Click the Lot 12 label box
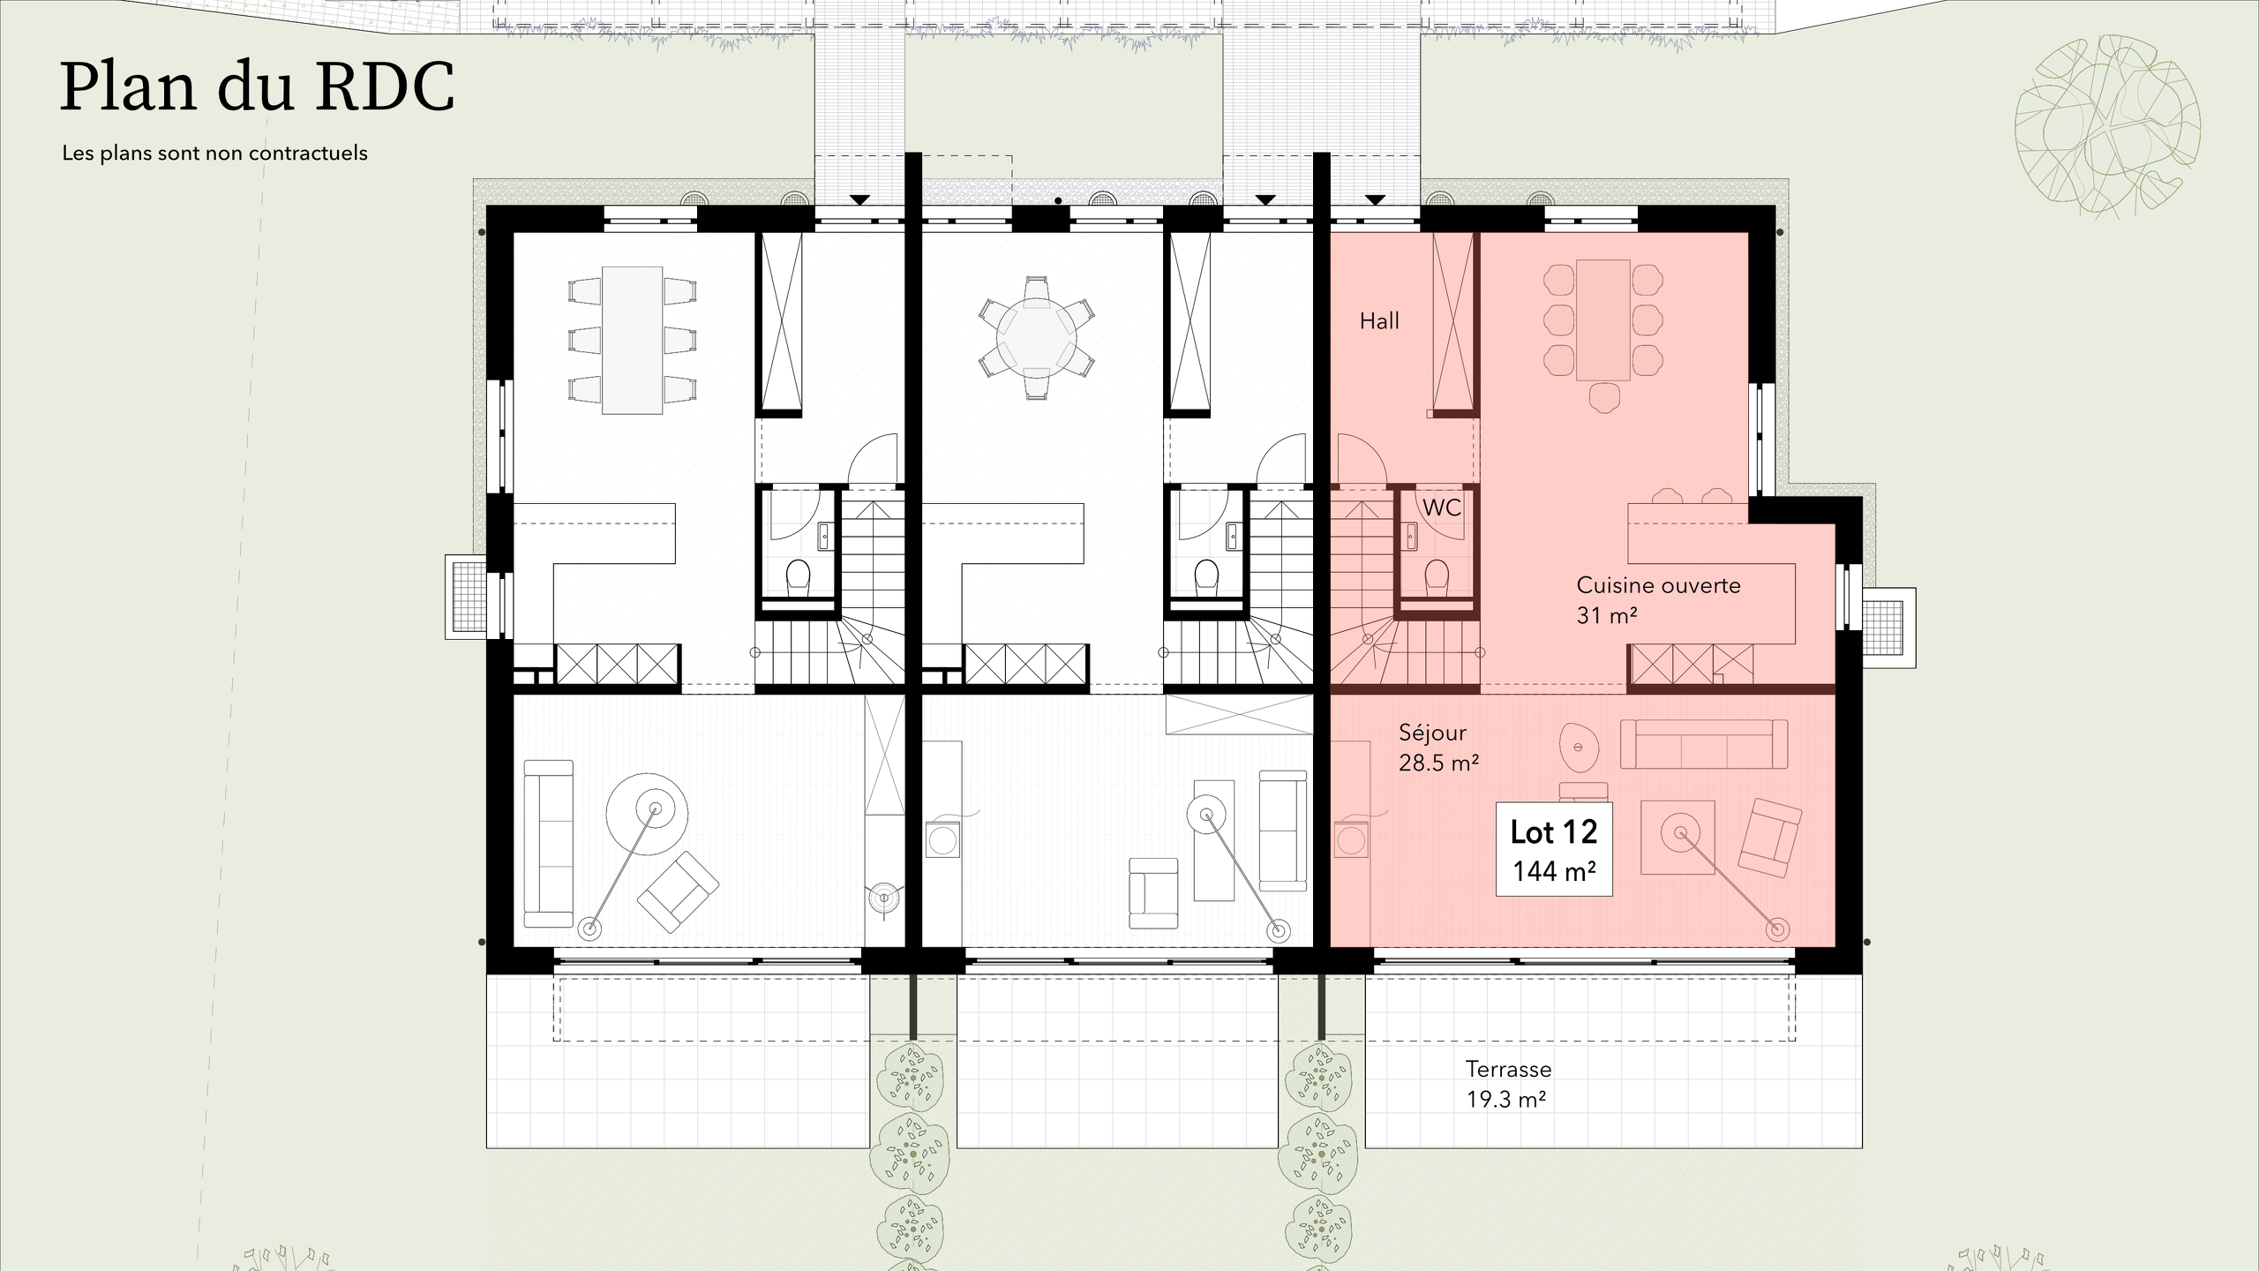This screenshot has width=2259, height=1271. [x=1553, y=849]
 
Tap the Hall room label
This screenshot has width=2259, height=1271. [x=1378, y=321]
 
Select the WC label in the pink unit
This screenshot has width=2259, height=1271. [x=1441, y=508]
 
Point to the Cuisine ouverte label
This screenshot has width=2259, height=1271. [x=1657, y=585]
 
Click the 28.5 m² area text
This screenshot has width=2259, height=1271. [x=1438, y=763]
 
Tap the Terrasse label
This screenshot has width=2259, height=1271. [x=1508, y=1069]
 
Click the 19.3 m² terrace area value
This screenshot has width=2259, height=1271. [x=1505, y=1100]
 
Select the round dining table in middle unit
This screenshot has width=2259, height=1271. [x=1036, y=338]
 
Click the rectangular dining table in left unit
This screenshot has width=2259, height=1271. [x=632, y=340]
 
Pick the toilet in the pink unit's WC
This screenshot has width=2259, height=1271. [x=1437, y=576]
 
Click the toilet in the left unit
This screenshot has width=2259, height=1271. [x=798, y=576]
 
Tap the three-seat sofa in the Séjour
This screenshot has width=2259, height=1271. [x=1703, y=744]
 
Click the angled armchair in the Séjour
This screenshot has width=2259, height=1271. [x=1769, y=838]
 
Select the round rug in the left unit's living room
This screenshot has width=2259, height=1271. [x=647, y=814]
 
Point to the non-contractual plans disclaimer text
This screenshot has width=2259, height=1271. [x=214, y=154]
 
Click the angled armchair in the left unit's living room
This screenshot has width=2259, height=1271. [x=677, y=891]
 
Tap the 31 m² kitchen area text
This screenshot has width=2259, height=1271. [x=1606, y=615]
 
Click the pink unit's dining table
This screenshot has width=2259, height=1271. [x=1602, y=320]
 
